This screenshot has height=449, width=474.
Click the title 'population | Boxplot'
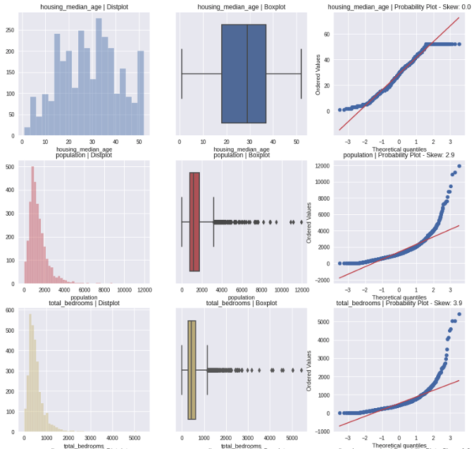242,157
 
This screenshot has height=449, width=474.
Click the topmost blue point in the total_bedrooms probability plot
459,314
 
